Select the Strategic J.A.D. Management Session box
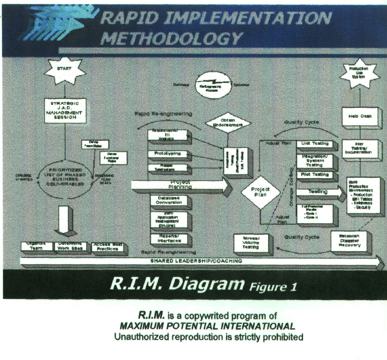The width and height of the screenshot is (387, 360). coord(65,111)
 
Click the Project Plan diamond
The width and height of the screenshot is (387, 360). coord(260,192)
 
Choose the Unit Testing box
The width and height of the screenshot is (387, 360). coord(315,144)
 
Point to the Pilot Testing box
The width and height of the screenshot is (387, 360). coord(315,175)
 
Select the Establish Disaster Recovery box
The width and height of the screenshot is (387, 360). coord(349,241)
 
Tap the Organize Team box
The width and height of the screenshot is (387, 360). coord(36,247)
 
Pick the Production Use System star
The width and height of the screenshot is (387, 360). coord(359,74)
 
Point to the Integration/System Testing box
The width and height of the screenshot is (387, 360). coord(315,161)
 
